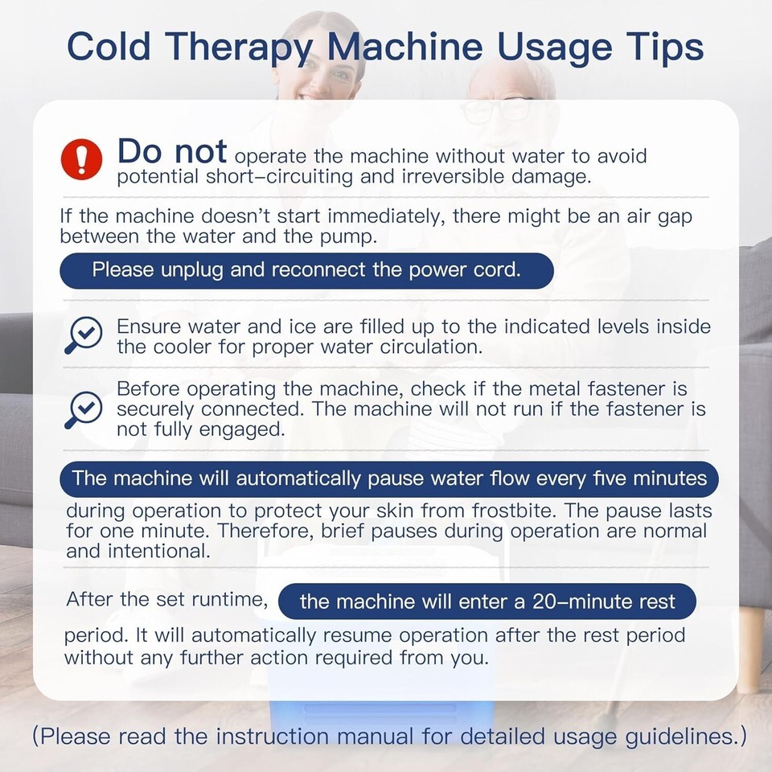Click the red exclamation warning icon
tap(82, 159)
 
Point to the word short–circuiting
tap(279, 176)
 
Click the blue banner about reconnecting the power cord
tap(306, 270)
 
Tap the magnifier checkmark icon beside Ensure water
tap(83, 335)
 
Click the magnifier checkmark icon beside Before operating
tap(83, 409)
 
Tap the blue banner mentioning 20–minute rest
tap(487, 602)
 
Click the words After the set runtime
tap(167, 599)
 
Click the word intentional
tap(159, 551)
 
